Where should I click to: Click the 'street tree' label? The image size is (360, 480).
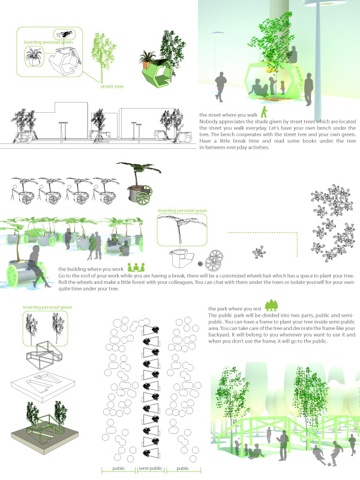pos(112,86)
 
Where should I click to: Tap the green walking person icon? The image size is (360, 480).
pos(264,112)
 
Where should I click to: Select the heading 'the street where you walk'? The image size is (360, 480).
pos(229,115)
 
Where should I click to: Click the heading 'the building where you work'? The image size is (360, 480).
pos(91,269)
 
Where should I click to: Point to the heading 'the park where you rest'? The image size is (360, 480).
pos(235,309)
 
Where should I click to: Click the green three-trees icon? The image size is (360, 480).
pos(271,305)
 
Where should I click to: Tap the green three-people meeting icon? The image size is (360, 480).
pos(136,267)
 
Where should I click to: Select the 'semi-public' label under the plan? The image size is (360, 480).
pos(151,469)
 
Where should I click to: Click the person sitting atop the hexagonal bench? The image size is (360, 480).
pos(292,55)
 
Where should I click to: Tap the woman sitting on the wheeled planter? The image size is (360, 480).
pos(38,266)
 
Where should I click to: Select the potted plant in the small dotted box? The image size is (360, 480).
pos(34,56)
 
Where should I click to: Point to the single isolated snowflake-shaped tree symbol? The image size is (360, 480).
pos(259,252)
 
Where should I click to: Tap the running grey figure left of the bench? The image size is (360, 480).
pos(220,86)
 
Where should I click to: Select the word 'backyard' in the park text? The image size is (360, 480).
pos(219,335)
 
